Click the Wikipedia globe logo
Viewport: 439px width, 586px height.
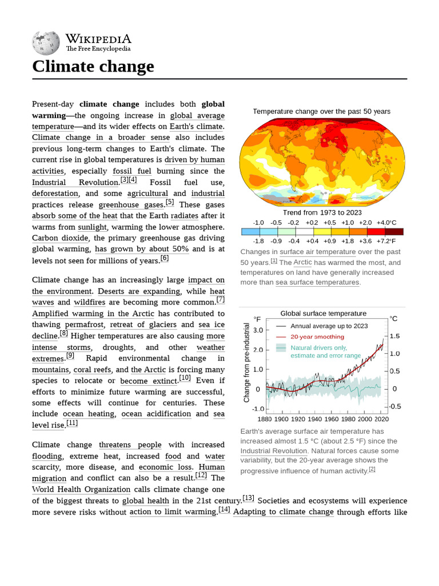46,42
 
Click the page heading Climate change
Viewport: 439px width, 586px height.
93,67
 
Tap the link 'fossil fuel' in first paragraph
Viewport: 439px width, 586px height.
132,171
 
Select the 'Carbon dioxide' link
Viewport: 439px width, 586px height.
60,238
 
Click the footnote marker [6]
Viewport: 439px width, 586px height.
165,258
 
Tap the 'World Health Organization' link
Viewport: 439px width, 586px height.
81,489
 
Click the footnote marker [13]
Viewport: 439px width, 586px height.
248,498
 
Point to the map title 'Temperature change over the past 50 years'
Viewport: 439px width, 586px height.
321,112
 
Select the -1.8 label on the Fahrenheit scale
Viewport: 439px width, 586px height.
258,241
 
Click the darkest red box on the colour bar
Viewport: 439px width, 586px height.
394,232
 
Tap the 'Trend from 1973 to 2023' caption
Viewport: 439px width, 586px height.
322,212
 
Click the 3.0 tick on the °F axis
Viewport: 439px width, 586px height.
257,330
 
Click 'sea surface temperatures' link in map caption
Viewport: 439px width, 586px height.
317,282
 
